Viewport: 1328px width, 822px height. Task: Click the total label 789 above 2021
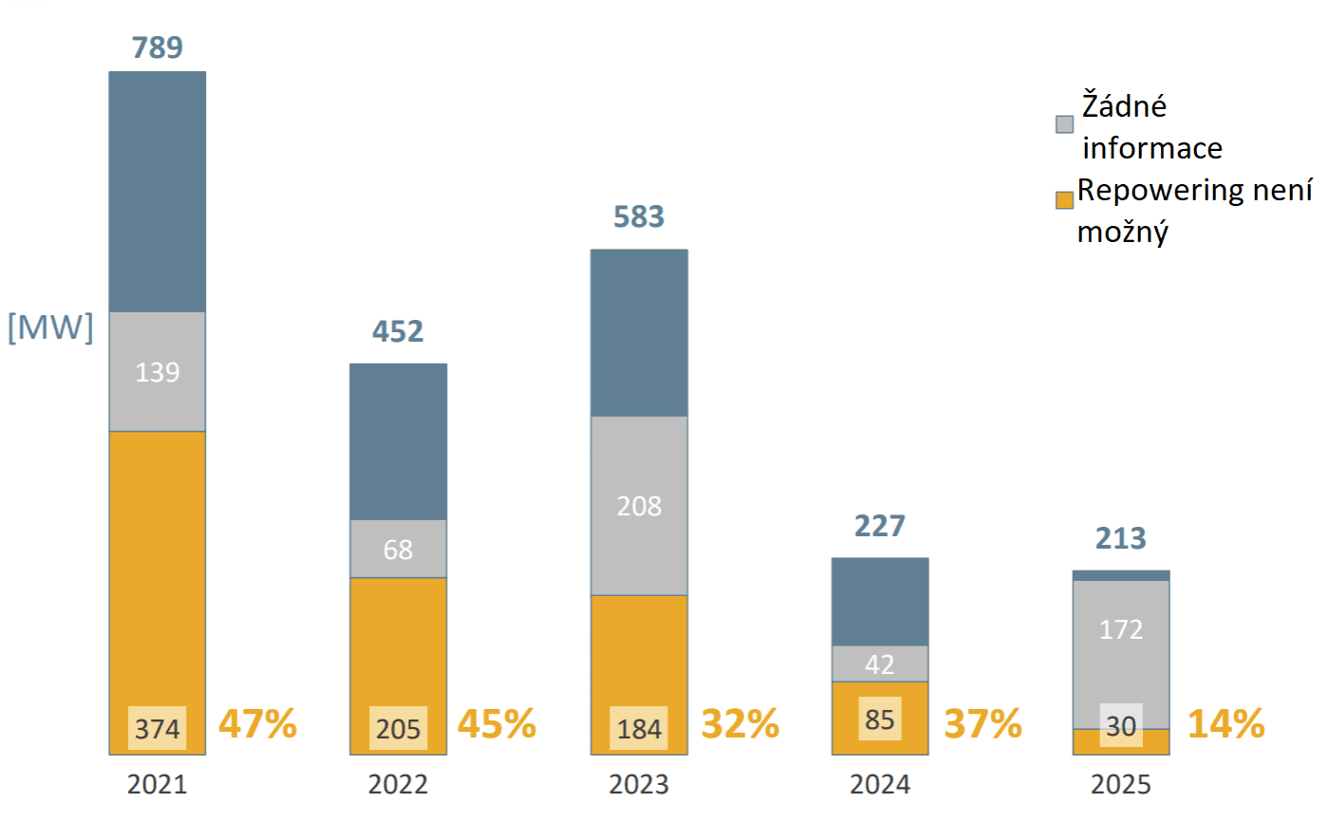point(158,47)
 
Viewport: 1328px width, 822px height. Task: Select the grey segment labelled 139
point(158,372)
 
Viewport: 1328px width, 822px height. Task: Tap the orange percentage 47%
point(258,724)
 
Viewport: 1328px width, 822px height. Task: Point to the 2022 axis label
point(398,785)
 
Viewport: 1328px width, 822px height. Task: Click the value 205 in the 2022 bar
point(398,729)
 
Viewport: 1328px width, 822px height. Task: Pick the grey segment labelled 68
point(398,549)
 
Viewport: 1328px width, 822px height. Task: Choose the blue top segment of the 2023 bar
point(639,332)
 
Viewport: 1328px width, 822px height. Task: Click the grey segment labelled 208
point(639,506)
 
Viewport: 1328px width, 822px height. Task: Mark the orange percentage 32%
point(740,724)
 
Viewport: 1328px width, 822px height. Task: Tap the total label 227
point(880,525)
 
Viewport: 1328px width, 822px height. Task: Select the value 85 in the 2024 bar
point(880,719)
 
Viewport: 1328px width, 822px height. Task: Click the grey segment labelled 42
point(880,663)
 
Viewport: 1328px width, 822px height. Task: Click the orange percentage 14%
point(1225,724)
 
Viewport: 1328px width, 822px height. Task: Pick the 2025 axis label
point(1121,785)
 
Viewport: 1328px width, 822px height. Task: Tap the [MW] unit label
point(50,328)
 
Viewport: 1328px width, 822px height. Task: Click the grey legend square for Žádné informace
point(1064,125)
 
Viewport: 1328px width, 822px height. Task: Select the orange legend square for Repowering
point(1064,199)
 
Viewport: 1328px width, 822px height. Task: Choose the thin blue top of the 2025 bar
point(1121,575)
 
